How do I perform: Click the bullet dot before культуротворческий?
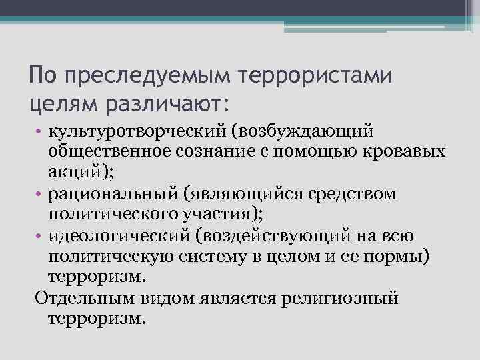pos(39,128)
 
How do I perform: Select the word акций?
pos(78,172)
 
